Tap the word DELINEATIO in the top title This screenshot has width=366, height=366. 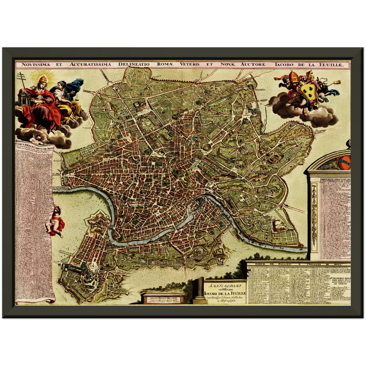[x=134, y=64]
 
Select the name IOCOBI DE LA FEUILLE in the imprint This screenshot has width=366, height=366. [x=225, y=293]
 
